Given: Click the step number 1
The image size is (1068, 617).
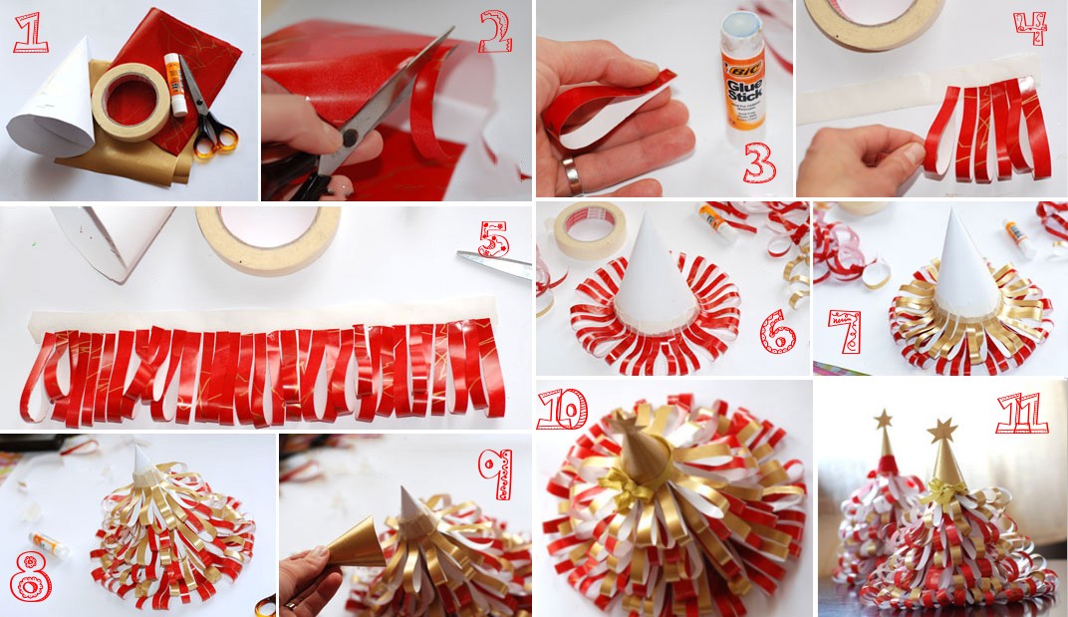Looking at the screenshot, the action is pyautogui.click(x=30, y=33).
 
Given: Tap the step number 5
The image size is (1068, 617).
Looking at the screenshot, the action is pyautogui.click(x=494, y=239).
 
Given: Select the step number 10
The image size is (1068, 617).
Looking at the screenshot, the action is pyautogui.click(x=563, y=409).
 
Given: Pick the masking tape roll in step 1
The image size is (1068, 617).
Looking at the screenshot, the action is pyautogui.click(x=132, y=102).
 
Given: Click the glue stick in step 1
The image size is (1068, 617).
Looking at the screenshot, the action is pyautogui.click(x=174, y=85).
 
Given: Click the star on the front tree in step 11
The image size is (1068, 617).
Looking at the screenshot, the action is pyautogui.click(x=942, y=431).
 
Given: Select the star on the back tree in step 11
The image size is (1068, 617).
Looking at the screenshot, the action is pyautogui.click(x=883, y=419).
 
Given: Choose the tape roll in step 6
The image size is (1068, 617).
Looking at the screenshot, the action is pyautogui.click(x=590, y=229).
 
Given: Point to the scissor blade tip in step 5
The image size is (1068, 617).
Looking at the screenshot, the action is pyautogui.click(x=459, y=254).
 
